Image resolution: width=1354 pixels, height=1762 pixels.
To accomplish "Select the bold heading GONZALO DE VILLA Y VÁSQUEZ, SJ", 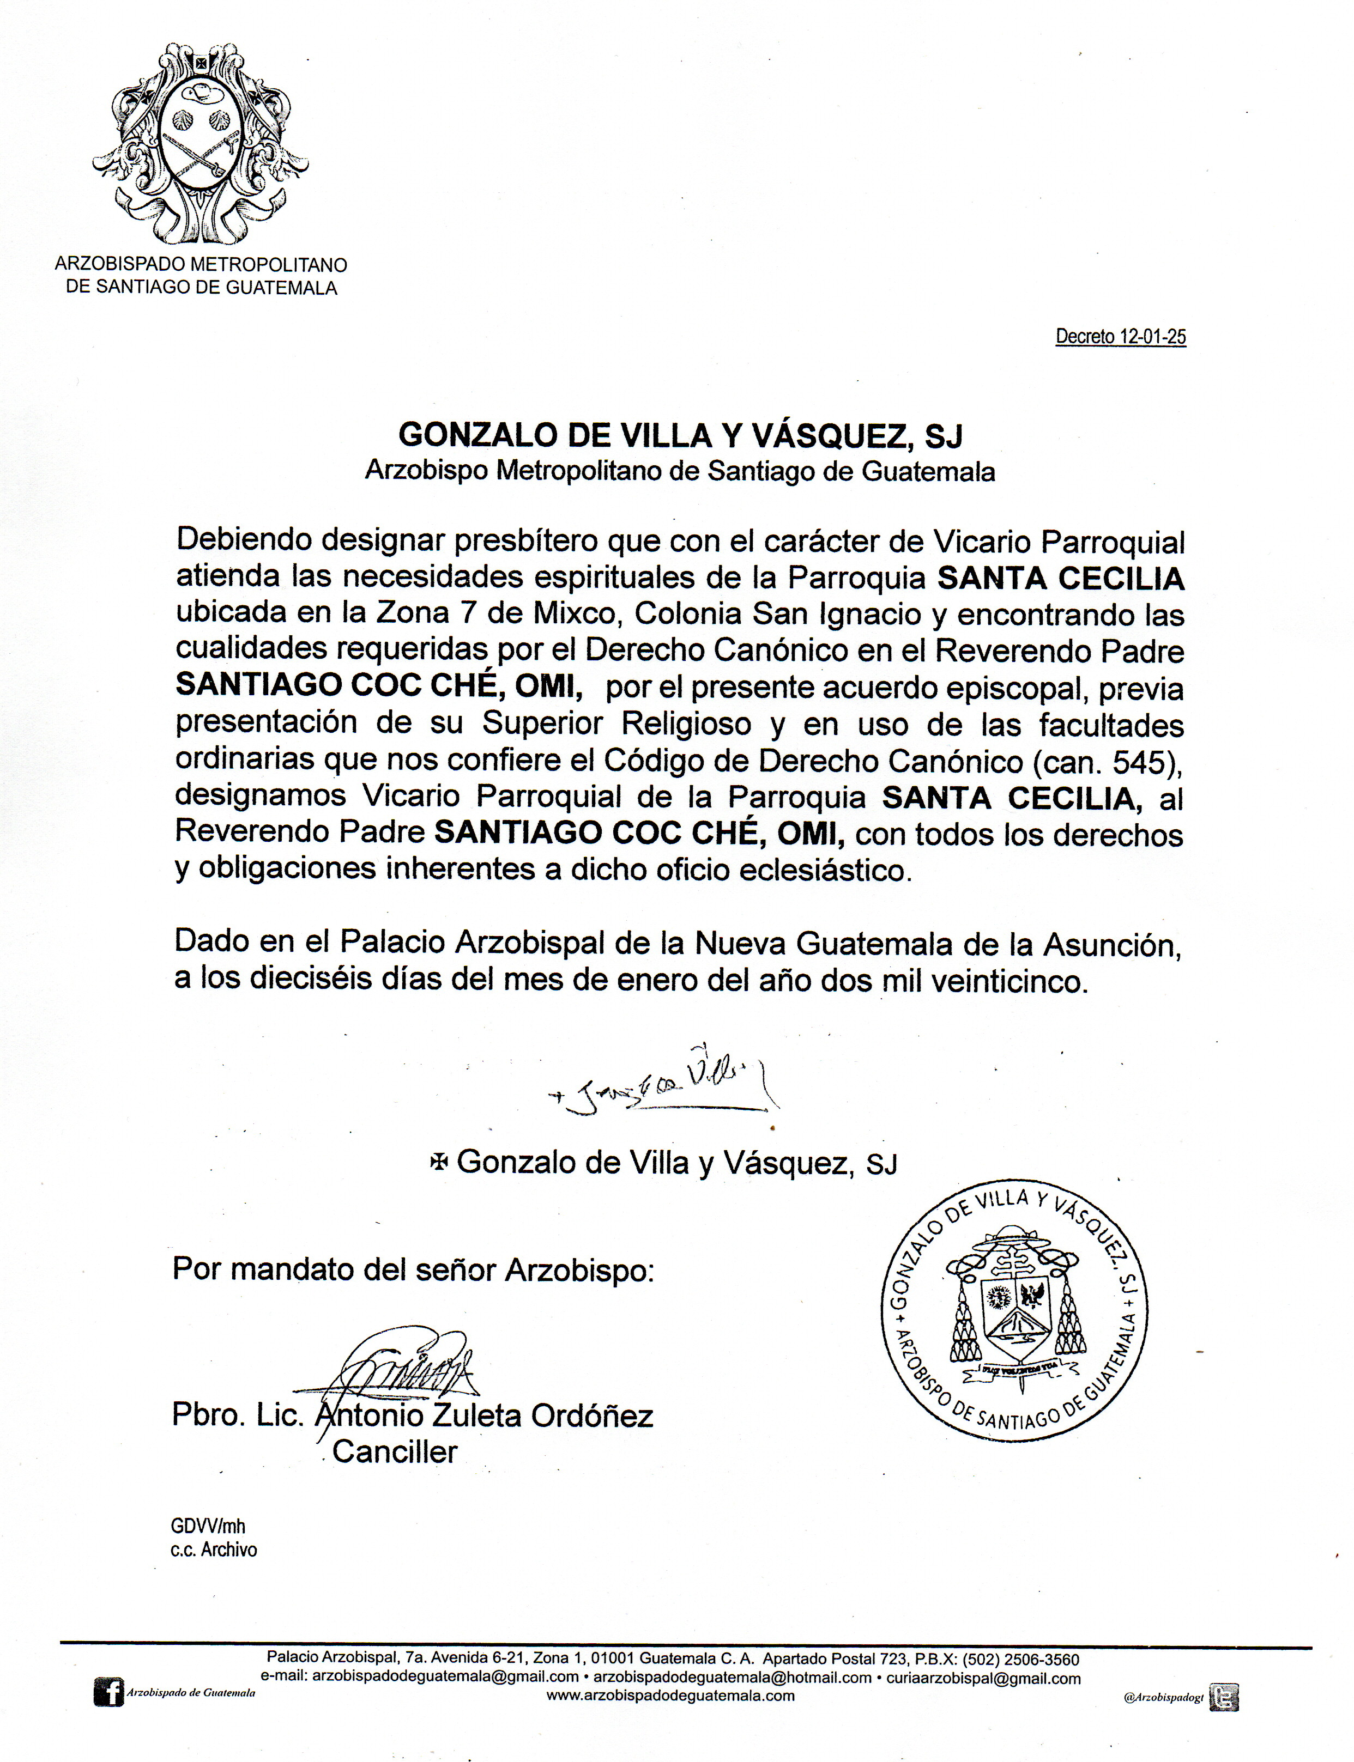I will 680,436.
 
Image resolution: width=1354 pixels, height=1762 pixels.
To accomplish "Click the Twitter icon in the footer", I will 1223,1697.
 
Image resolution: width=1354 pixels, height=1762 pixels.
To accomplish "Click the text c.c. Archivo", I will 214,1550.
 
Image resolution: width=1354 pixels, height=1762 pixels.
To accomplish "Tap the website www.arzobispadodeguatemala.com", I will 670,1695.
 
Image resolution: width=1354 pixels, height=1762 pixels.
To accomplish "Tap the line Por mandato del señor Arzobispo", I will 413,1269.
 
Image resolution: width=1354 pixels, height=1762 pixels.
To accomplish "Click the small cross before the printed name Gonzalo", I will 439,1162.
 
